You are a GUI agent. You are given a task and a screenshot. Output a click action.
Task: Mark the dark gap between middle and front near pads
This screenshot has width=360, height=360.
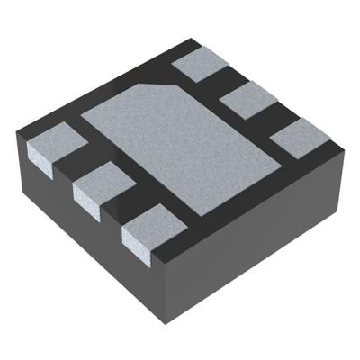[x=124, y=211]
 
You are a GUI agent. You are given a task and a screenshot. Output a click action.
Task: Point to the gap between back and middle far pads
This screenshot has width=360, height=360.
[x=222, y=84]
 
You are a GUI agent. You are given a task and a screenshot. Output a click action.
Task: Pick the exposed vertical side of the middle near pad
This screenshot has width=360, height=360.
[x=85, y=202]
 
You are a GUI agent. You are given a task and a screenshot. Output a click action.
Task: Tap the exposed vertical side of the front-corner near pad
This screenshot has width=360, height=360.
[x=135, y=245]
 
